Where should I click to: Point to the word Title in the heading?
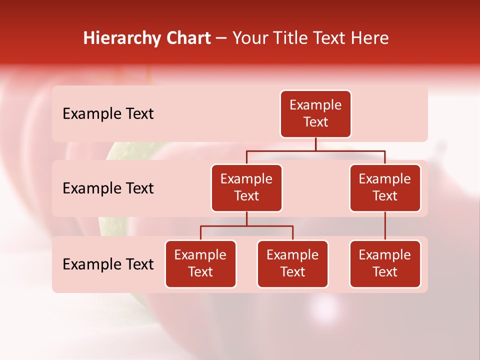[290, 38]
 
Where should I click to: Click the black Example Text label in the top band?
[108, 114]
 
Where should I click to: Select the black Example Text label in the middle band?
[108, 188]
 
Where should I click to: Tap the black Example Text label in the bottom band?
[108, 264]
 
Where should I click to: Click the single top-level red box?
[315, 114]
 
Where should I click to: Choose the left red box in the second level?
[246, 188]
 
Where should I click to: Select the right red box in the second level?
[385, 188]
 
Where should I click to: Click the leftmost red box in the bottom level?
[200, 264]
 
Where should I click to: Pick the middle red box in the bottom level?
[292, 264]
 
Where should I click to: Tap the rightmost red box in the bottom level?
[385, 264]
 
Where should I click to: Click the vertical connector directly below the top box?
[315, 144]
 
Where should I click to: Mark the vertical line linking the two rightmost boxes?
[385, 226]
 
